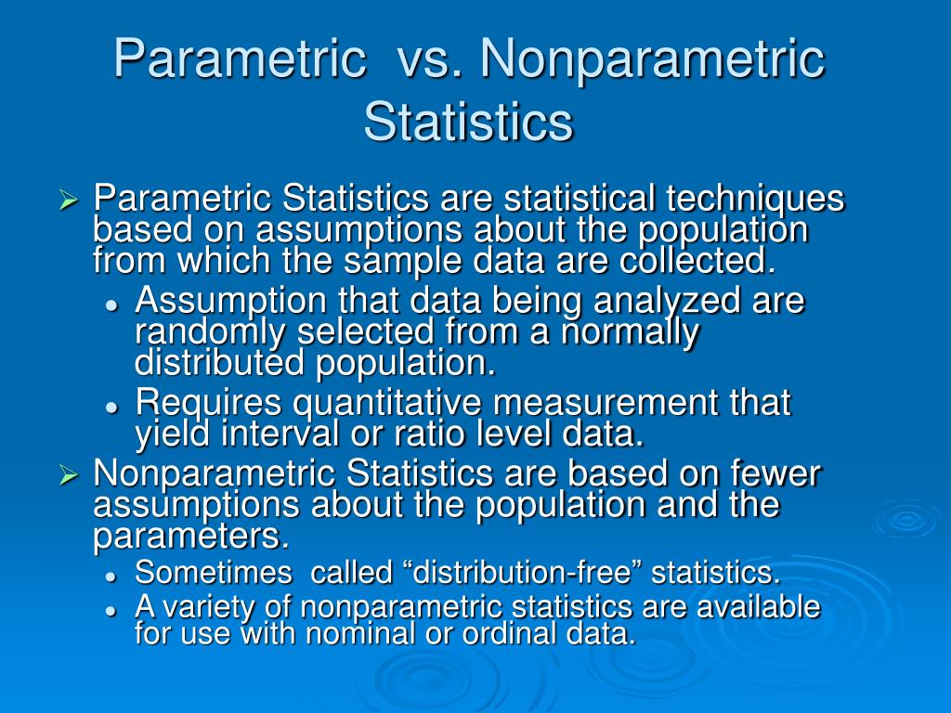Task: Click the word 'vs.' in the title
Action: pyautogui.click(x=431, y=59)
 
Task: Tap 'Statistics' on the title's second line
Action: pyautogui.click(x=468, y=122)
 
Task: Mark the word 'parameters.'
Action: pyautogui.click(x=191, y=537)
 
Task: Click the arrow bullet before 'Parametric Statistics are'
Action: pyautogui.click(x=68, y=200)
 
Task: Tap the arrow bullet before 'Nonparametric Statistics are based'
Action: pyautogui.click(x=68, y=475)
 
